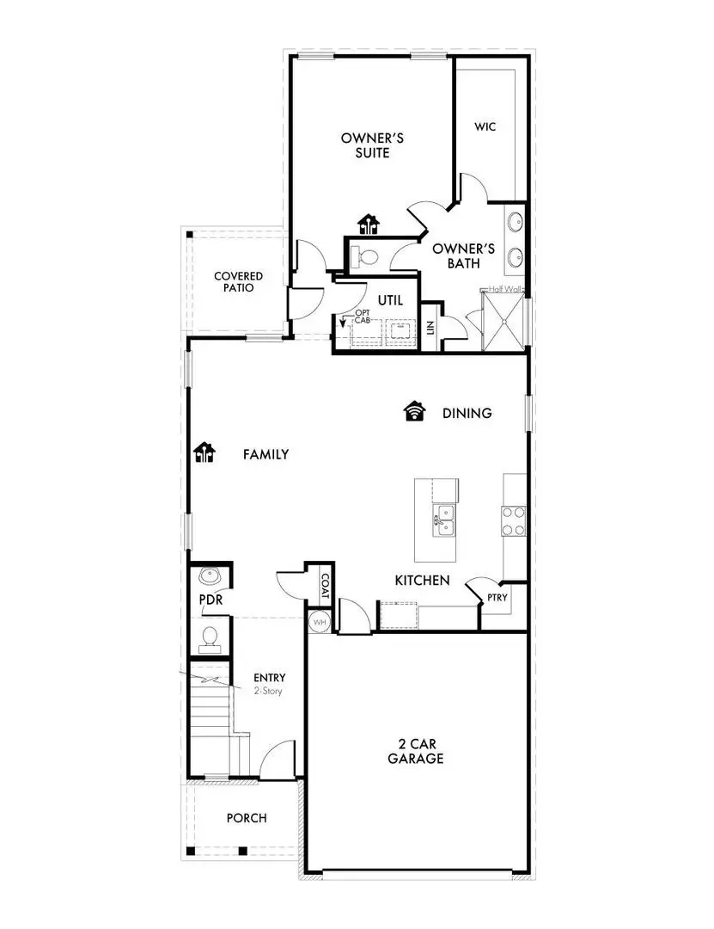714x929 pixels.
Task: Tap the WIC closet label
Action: pyautogui.click(x=485, y=126)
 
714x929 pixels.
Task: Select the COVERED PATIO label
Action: pyautogui.click(x=239, y=282)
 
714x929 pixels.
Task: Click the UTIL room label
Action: pyautogui.click(x=390, y=300)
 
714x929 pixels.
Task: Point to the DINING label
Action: pyautogui.click(x=467, y=414)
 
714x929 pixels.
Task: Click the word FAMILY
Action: pyautogui.click(x=265, y=454)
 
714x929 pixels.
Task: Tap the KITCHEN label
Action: pyautogui.click(x=422, y=581)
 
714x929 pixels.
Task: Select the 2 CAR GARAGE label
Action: pyautogui.click(x=416, y=751)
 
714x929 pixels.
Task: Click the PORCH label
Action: pyautogui.click(x=247, y=818)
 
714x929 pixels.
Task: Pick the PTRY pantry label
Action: pyautogui.click(x=496, y=597)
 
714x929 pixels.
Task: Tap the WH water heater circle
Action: pyautogui.click(x=319, y=621)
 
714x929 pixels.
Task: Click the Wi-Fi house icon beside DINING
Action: pyautogui.click(x=415, y=412)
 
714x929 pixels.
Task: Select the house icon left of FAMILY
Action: pyautogui.click(x=204, y=452)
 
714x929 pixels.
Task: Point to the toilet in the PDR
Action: pyautogui.click(x=210, y=637)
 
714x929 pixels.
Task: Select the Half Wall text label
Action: pyautogui.click(x=505, y=290)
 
